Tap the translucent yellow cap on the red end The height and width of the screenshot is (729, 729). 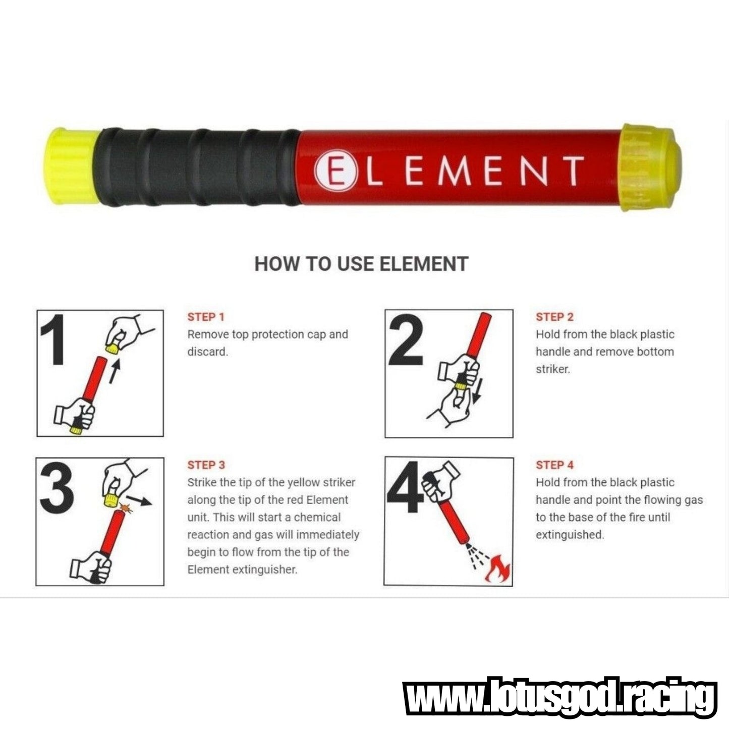(650, 167)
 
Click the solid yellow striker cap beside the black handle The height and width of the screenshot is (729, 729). (71, 166)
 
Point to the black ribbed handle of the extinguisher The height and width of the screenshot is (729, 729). (197, 167)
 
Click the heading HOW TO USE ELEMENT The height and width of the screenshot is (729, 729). (361, 264)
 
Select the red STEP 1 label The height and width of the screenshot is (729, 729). (206, 317)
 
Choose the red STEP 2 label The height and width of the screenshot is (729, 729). (554, 317)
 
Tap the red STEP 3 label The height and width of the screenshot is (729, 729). (206, 465)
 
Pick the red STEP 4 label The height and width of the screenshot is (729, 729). (554, 465)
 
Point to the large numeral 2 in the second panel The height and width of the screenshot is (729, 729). (406, 340)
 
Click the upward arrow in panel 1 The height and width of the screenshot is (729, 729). (114, 371)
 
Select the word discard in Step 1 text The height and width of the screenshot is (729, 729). (208, 352)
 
